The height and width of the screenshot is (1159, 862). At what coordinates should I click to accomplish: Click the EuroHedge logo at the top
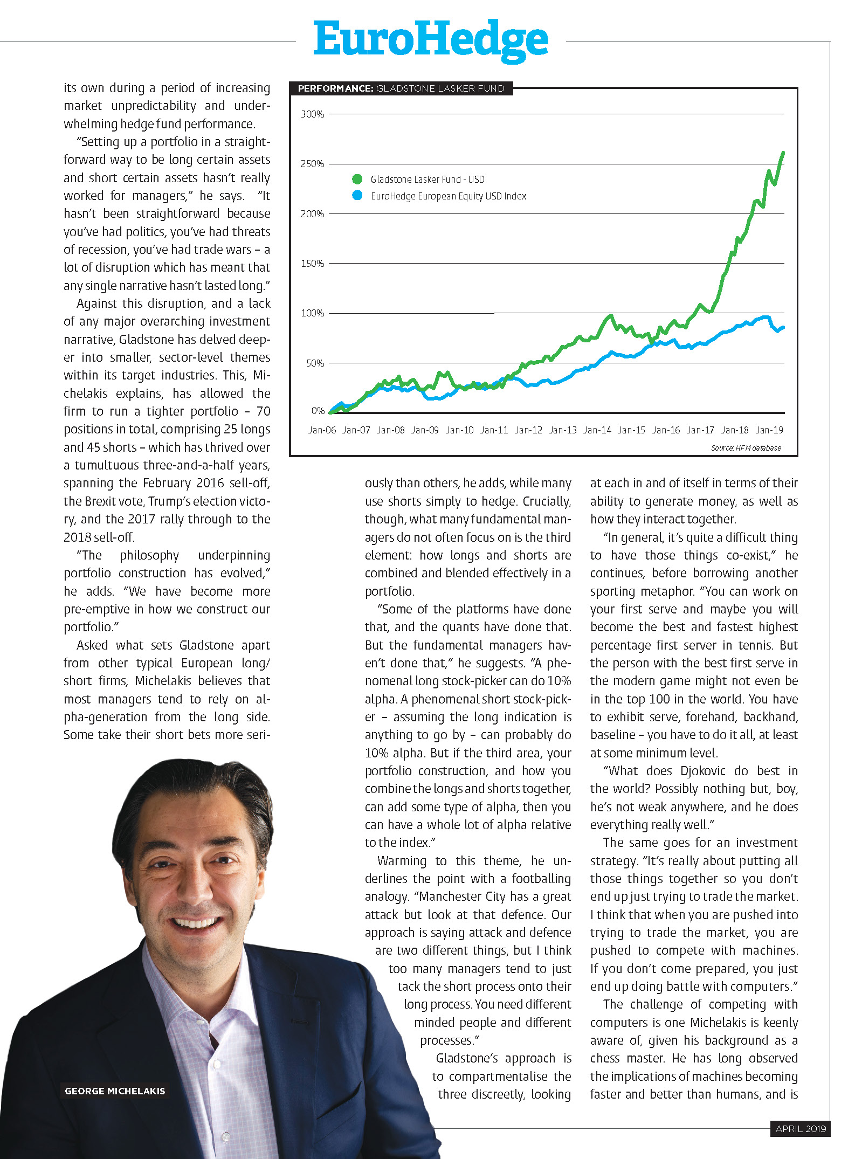point(431,40)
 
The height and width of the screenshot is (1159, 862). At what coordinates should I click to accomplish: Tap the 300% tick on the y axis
point(312,114)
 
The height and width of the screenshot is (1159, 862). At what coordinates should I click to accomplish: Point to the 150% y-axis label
point(312,264)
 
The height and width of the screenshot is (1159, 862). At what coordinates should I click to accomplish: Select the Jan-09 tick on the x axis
point(425,430)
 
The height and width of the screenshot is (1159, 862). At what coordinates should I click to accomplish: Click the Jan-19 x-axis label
point(769,430)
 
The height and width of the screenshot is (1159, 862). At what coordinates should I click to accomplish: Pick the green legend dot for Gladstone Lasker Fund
point(357,179)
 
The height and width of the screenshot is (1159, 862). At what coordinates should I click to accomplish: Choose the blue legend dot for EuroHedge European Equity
point(357,196)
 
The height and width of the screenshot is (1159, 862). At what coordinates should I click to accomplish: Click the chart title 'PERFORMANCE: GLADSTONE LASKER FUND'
point(401,88)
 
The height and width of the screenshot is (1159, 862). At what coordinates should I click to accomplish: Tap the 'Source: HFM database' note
point(746,448)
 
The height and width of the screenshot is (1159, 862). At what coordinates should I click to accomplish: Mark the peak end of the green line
point(783,153)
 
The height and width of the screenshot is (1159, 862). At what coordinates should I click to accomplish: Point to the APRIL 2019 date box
point(801,1128)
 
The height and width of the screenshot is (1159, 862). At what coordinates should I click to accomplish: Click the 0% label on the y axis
point(318,411)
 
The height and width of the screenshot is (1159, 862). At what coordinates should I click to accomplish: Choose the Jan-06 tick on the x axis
point(322,430)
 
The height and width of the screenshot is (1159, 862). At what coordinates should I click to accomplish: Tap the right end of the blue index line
point(783,327)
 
